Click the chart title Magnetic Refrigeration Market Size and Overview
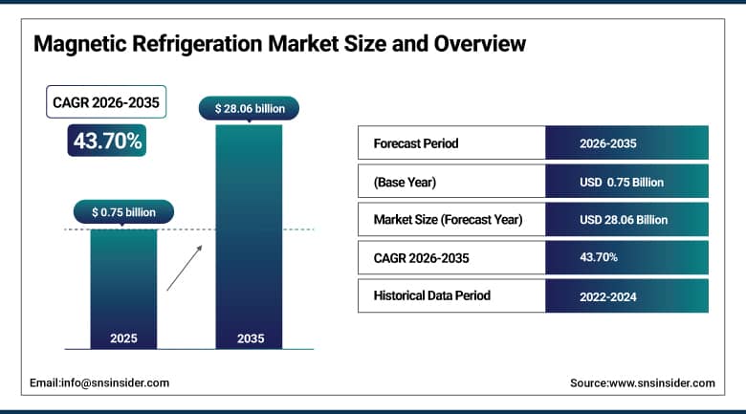279,44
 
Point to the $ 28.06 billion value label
249,109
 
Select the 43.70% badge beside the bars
106,142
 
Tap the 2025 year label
123,338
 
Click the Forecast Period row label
416,143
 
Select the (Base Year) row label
406,182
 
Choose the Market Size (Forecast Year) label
448,220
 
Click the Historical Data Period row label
432,295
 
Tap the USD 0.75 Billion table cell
622,182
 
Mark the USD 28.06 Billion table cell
624,220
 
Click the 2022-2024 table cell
608,295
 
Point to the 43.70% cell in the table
599,257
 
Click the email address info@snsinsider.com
99,382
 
